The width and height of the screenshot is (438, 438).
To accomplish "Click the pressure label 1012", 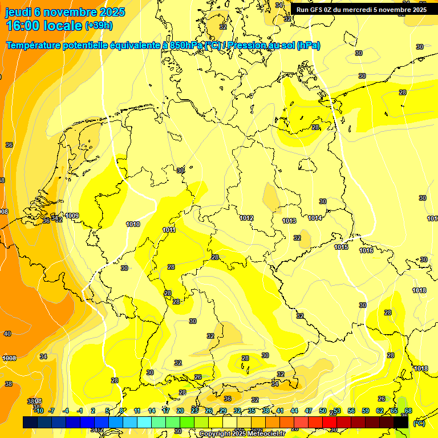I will tap(246, 218).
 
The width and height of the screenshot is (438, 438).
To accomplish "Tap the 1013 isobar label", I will tap(289, 221).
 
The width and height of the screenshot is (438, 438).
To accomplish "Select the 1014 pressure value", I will tap(315, 218).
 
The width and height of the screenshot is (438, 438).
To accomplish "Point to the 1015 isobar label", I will tap(341, 247).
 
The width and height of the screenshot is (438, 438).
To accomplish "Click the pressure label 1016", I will tap(366, 251).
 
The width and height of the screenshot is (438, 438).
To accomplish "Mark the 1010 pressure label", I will tap(133, 224).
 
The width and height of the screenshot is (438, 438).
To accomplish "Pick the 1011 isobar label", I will tap(169, 230).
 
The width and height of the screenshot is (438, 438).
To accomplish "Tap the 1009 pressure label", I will tap(72, 216).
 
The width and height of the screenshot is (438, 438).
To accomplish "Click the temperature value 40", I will tap(7, 334).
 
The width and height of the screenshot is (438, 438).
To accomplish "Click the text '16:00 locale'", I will tap(43, 25).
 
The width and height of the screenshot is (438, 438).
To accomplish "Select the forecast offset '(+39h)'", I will tap(99, 26).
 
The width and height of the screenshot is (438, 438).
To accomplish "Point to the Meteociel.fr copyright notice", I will tap(242, 433).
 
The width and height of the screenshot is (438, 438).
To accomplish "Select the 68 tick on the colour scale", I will tap(408, 411).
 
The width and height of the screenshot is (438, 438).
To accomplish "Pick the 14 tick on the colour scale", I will tap(151, 411).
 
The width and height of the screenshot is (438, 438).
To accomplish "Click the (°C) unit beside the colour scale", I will tap(419, 423).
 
